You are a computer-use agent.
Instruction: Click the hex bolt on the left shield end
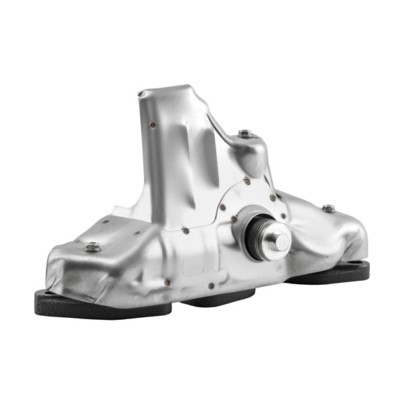tap(93, 247)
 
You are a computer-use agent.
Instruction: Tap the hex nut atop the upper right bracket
tap(246, 134)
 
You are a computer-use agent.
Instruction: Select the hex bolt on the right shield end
tap(328, 209)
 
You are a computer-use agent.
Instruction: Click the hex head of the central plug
tap(281, 241)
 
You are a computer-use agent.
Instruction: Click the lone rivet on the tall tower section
tap(154, 125)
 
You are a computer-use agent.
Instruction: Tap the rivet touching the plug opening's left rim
tap(233, 219)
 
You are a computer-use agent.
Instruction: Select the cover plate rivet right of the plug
tap(283, 217)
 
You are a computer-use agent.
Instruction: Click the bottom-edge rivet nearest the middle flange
tap(210, 285)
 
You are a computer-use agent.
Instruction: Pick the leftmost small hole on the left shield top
tap(105, 220)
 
